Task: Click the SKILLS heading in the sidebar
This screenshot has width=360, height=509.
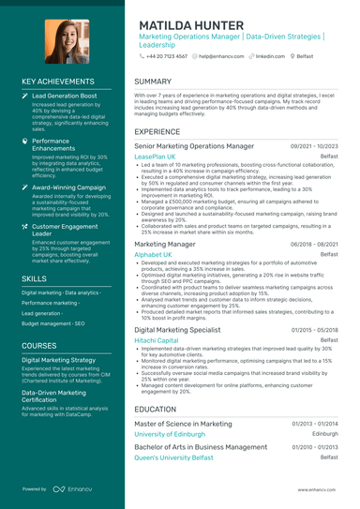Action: click(x=35, y=278)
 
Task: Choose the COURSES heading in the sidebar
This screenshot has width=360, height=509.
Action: click(x=41, y=346)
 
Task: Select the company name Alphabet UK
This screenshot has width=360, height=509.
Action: click(x=153, y=254)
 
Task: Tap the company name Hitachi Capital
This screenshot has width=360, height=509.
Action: click(x=157, y=341)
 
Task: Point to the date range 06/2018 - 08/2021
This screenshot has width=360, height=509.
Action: click(x=315, y=243)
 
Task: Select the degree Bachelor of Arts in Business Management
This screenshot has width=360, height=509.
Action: click(x=201, y=447)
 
